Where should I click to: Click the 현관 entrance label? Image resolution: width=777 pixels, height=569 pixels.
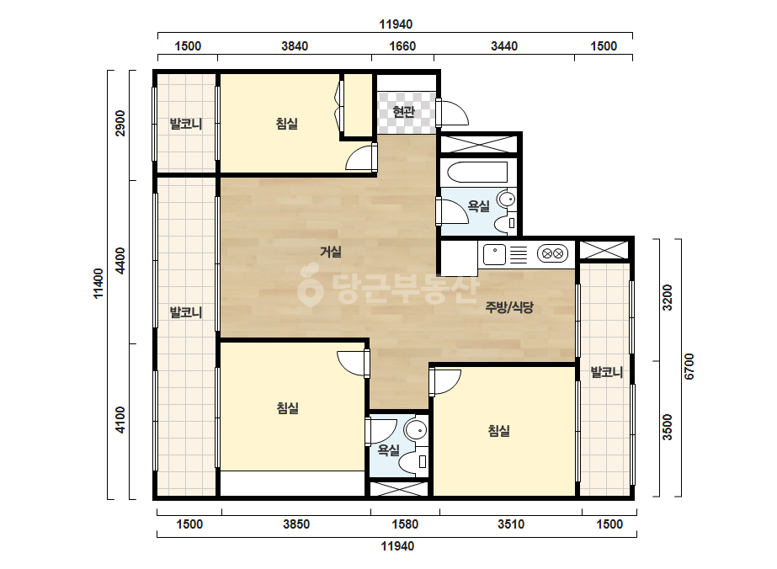(403, 111)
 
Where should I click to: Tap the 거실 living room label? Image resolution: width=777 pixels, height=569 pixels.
(331, 252)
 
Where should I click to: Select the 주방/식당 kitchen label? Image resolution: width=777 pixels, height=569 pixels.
(509, 308)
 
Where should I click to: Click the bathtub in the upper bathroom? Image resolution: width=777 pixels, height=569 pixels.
(477, 172)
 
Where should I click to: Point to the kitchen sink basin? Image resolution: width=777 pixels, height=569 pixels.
(494, 255)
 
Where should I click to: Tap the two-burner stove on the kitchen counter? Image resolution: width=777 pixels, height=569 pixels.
(552, 253)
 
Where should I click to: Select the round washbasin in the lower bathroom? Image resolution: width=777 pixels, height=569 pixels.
(416, 430)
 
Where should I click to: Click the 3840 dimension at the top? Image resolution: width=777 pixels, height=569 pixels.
(295, 46)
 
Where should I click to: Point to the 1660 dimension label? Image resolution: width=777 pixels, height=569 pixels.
(402, 46)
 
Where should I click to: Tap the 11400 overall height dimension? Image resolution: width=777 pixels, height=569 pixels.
(98, 284)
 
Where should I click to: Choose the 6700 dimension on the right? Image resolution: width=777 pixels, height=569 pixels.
(689, 367)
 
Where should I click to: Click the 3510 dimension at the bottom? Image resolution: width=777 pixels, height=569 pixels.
(511, 524)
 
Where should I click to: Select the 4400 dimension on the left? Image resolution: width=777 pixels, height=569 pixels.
(120, 261)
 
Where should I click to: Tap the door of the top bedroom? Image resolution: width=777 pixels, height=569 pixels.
(359, 157)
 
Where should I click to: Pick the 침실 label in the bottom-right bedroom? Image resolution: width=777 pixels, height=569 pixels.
(499, 431)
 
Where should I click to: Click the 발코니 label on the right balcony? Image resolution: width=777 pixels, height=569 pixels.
(607, 372)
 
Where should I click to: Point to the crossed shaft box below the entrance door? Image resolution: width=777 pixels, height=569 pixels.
(479, 144)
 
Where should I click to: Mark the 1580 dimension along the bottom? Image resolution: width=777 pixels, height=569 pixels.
(406, 524)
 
